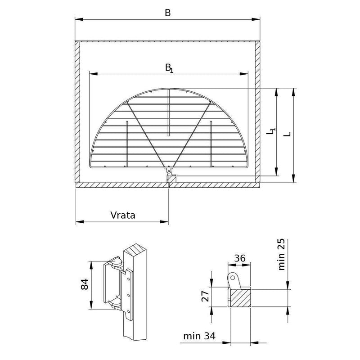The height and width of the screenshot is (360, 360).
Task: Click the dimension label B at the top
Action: pyautogui.click(x=168, y=13)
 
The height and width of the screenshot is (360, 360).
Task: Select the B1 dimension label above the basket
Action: pyautogui.click(x=169, y=68)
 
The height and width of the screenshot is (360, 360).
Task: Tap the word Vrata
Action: pyautogui.click(x=123, y=216)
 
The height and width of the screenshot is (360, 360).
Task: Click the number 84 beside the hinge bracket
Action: pyautogui.click(x=85, y=284)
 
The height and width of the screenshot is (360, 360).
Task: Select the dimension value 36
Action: pyautogui.click(x=240, y=258)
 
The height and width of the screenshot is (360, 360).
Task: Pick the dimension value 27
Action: pyautogui.click(x=205, y=296)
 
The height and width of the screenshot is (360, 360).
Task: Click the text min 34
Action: pyautogui.click(x=199, y=336)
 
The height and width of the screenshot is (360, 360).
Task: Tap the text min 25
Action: pyautogui.click(x=281, y=254)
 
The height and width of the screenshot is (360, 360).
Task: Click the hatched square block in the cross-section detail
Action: pyautogui.click(x=240, y=298)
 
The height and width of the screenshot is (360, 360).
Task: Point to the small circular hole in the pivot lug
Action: pyautogui.click(x=233, y=278)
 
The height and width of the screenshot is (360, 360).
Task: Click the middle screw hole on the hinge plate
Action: pyautogui.click(x=129, y=295)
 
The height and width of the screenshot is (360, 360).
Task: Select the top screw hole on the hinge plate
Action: pyautogui.click(x=129, y=279)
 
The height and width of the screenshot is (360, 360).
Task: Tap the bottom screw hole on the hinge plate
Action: pyautogui.click(x=129, y=311)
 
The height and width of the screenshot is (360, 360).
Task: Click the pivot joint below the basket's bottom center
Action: pyautogui.click(x=169, y=171)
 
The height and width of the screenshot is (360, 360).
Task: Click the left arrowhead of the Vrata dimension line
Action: pyautogui.click(x=80, y=222)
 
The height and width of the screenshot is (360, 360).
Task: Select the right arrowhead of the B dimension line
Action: pyautogui.click(x=256, y=19)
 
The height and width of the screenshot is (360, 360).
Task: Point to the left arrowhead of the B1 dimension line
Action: pyautogui.click(x=94, y=74)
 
